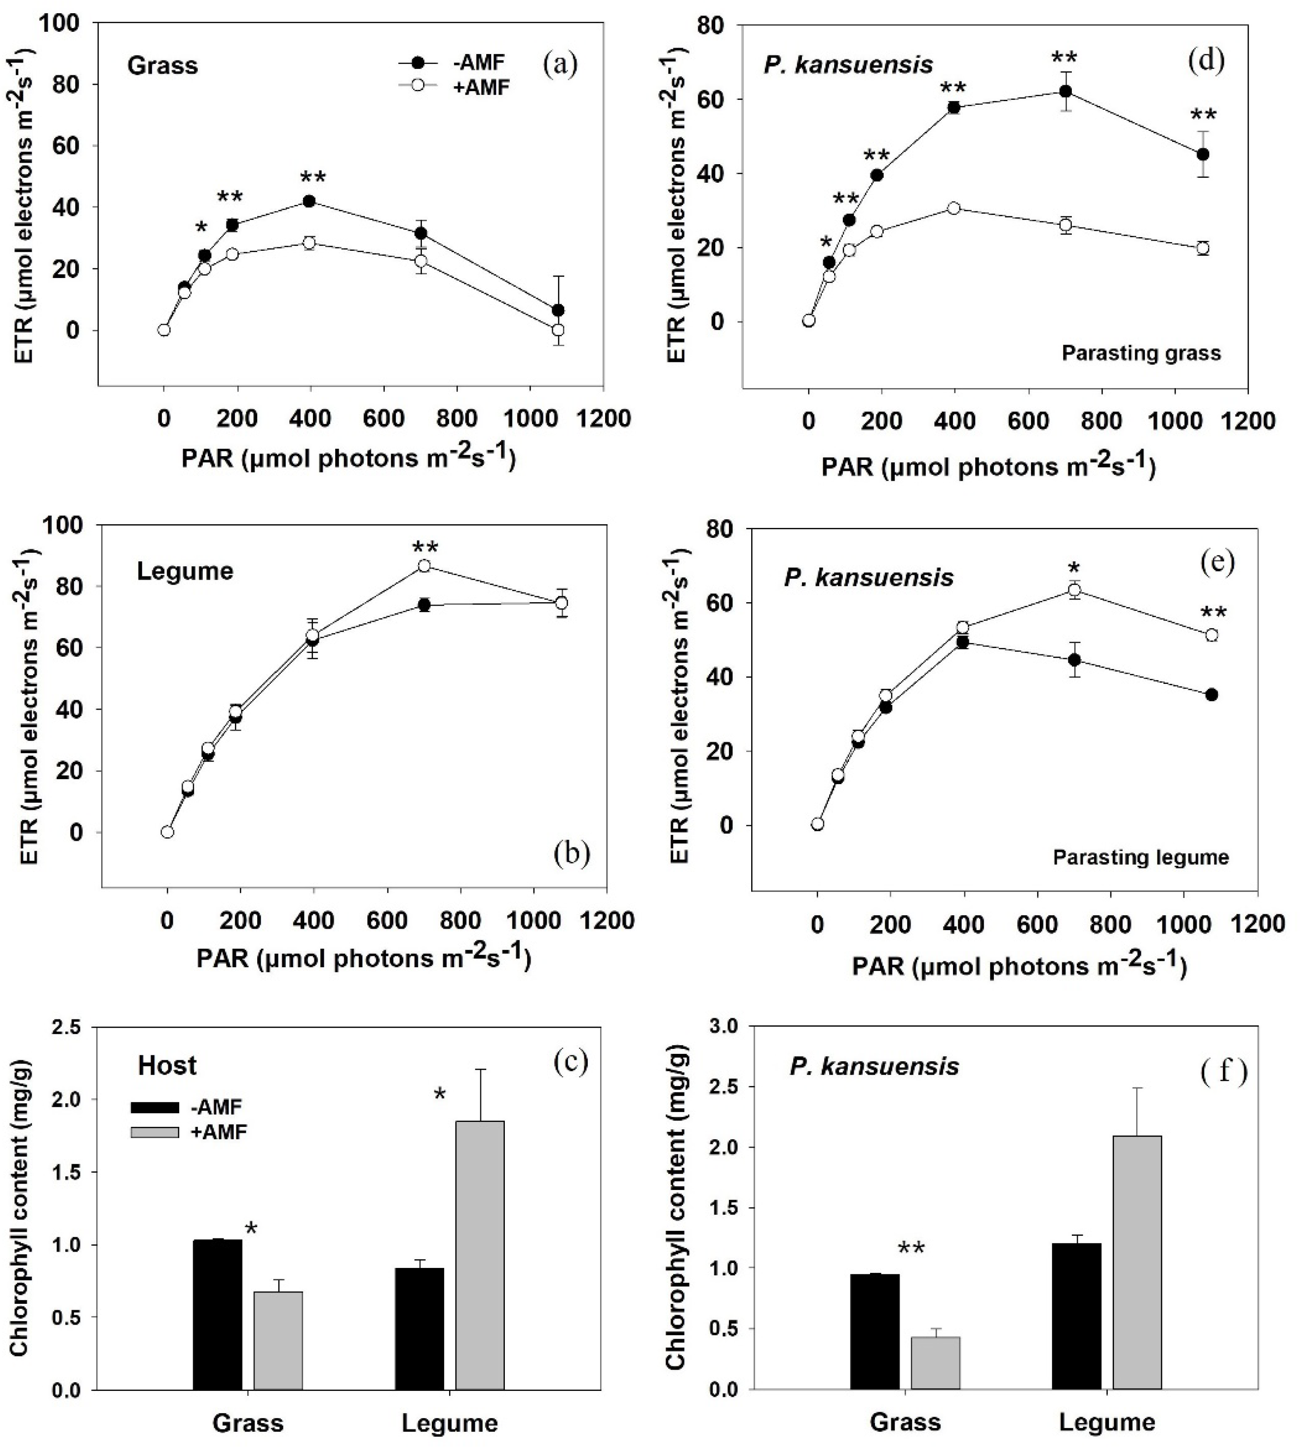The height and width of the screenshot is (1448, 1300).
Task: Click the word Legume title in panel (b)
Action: coord(185,571)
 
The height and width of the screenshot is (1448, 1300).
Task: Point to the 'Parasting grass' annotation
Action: coord(1141,353)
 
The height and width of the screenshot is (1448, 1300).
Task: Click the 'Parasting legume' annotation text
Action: coord(1141,857)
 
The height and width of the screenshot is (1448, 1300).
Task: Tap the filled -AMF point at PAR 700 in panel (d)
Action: coord(1065,92)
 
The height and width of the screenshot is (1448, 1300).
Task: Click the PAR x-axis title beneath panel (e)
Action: coord(1019,966)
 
